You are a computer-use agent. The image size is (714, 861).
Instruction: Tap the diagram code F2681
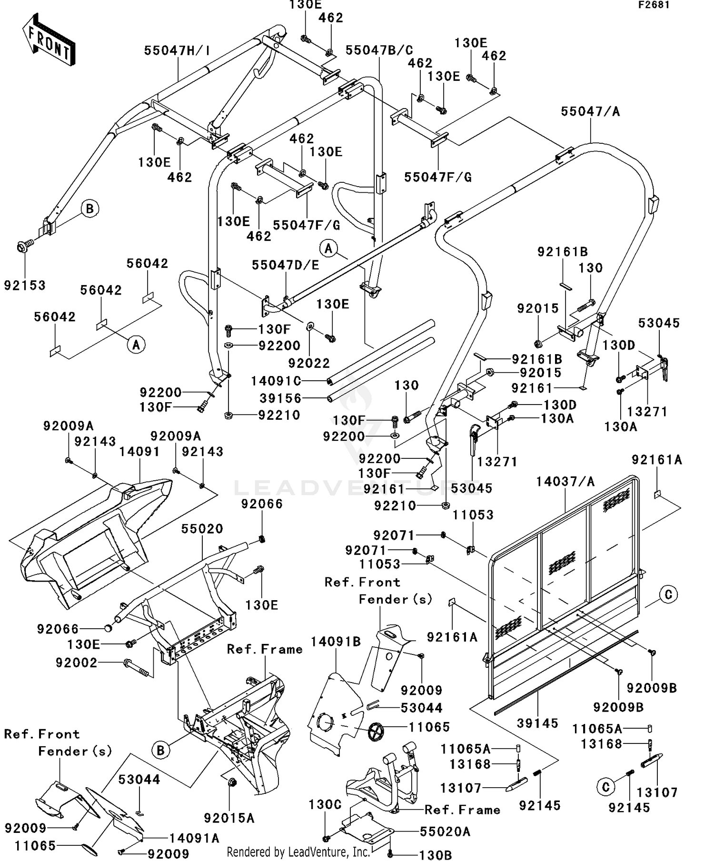click(654, 5)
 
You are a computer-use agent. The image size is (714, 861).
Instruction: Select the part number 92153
click(25, 285)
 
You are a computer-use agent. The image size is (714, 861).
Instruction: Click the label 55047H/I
click(177, 50)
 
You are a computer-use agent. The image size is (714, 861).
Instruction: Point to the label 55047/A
click(590, 111)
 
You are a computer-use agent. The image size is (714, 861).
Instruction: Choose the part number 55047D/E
click(285, 265)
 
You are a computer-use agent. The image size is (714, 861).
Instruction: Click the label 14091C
click(276, 381)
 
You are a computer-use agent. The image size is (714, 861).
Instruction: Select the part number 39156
click(281, 398)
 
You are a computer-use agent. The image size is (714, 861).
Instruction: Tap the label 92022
click(309, 363)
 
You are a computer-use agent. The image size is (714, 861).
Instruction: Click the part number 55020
click(202, 528)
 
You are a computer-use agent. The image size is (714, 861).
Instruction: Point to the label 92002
click(76, 663)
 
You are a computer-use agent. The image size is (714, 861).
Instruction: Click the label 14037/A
click(565, 482)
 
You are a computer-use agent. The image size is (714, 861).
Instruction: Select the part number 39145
click(537, 723)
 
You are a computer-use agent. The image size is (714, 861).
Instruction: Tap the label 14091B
click(336, 642)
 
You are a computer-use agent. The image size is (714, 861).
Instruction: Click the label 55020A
click(445, 831)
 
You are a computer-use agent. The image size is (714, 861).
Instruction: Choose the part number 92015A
click(229, 818)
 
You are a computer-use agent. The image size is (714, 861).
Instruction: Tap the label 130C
click(325, 804)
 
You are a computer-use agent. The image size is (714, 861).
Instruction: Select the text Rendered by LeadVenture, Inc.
click(298, 851)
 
